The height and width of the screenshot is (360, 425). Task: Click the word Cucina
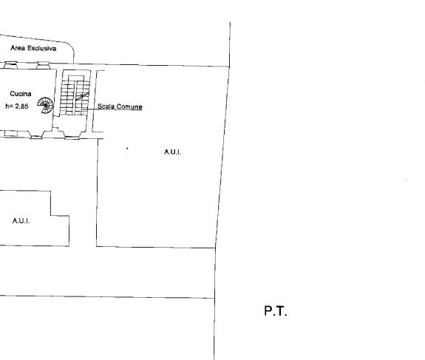point(21,94)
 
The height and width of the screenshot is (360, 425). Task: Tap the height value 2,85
point(21,106)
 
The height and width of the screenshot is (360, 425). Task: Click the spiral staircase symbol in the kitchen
point(45,105)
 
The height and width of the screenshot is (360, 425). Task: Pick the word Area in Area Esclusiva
point(18,48)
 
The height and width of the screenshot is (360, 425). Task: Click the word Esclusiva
point(41,48)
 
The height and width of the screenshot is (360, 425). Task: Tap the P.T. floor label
point(276,310)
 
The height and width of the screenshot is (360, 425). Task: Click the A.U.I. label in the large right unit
point(172,152)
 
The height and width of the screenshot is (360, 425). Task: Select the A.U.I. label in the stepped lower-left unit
point(21,221)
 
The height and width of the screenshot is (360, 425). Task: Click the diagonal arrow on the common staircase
point(82,97)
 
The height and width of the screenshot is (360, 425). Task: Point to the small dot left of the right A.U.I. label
point(127,149)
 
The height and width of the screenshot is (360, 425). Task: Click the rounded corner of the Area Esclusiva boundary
point(71,46)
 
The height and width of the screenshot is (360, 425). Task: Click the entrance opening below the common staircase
point(72,135)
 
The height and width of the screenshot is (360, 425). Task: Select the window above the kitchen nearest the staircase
point(43,65)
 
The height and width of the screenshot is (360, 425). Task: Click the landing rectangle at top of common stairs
point(76,78)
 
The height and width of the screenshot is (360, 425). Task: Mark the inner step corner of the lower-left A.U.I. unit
point(51,216)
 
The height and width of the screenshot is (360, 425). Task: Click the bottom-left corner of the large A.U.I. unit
point(97,246)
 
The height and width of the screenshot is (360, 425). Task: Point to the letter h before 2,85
point(7,106)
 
